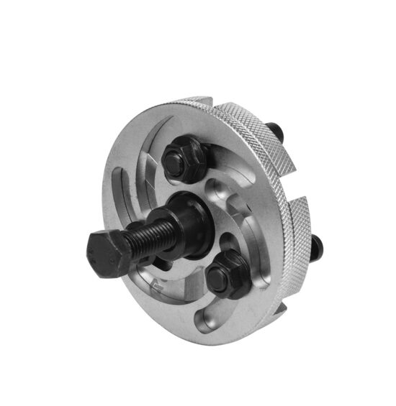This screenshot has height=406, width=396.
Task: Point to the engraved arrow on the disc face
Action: click(160, 287)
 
